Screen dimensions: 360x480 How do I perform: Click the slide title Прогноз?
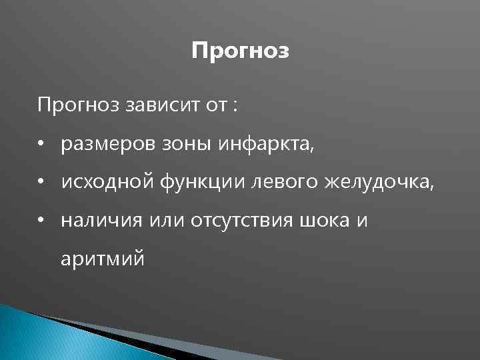[x=240, y=51]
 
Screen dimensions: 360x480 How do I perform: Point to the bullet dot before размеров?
[x=41, y=144]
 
